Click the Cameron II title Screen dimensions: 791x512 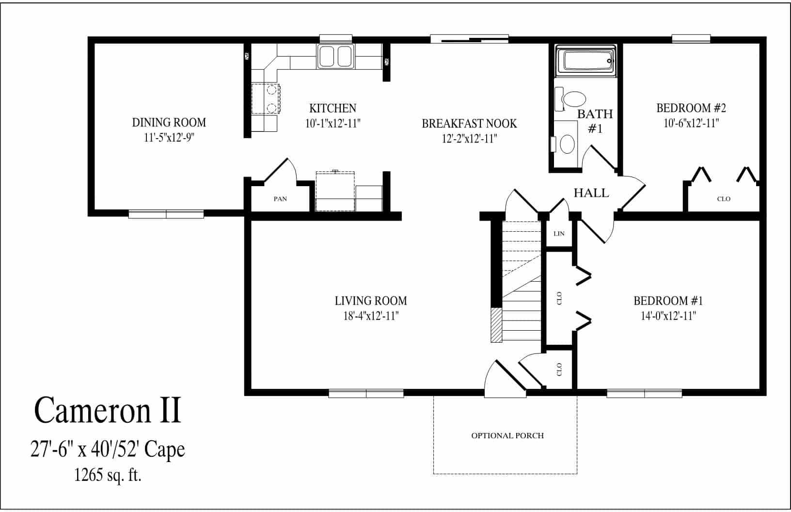108,410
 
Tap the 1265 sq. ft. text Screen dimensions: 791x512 108,475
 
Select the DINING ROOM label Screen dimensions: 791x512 169,123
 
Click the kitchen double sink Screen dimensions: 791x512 335,57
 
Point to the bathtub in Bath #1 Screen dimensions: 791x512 585,61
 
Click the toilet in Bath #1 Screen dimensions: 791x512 570,99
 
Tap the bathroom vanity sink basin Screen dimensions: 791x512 567,144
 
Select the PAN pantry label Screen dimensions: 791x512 280,199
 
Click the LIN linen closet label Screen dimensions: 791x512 559,234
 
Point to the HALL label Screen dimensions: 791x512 591,193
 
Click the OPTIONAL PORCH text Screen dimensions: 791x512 507,436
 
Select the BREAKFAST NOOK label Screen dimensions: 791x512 469,124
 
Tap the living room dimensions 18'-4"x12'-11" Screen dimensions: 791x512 371,316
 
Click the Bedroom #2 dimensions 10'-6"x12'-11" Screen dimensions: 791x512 692,123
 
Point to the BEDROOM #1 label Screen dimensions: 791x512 668,301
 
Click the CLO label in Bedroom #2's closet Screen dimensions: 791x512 724,199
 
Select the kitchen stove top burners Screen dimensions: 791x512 266,99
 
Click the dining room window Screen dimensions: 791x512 166,214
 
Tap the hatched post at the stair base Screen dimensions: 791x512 496,325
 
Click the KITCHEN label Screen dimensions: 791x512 332,108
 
